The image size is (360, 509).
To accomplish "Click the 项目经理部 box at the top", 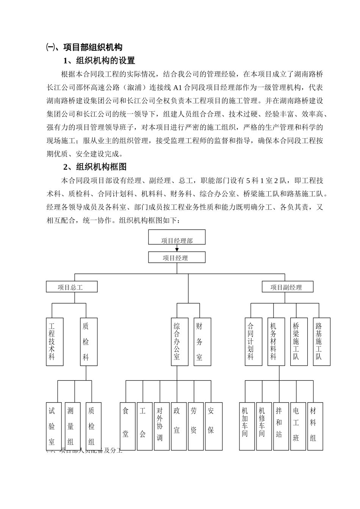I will tap(177, 237).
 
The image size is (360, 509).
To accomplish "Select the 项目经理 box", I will tap(177, 258).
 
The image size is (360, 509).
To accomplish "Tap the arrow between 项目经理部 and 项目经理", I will tap(177, 248).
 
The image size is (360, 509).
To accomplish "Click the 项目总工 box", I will tap(72, 287).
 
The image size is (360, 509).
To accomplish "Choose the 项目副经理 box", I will tap(287, 287).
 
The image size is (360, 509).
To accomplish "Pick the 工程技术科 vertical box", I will tap(55, 342).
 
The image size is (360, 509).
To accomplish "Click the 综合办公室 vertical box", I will tap(179, 342).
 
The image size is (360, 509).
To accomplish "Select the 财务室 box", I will tap(202, 342).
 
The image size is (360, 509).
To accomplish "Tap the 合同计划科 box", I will tap(253, 342).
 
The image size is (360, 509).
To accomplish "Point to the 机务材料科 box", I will tap(276, 342).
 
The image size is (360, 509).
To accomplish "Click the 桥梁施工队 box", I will tap(299, 342).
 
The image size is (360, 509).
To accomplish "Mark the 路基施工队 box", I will tap(321, 342).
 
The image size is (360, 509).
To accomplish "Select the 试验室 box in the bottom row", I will tap(54, 426).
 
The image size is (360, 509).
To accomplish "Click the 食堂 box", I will tap(127, 426).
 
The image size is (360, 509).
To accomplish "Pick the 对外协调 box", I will tap(161, 426).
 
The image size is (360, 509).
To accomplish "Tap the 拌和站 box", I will tap(281, 426).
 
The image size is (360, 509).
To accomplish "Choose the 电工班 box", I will tap(298, 426).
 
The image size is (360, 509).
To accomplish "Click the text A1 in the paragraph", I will tap(178, 87).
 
